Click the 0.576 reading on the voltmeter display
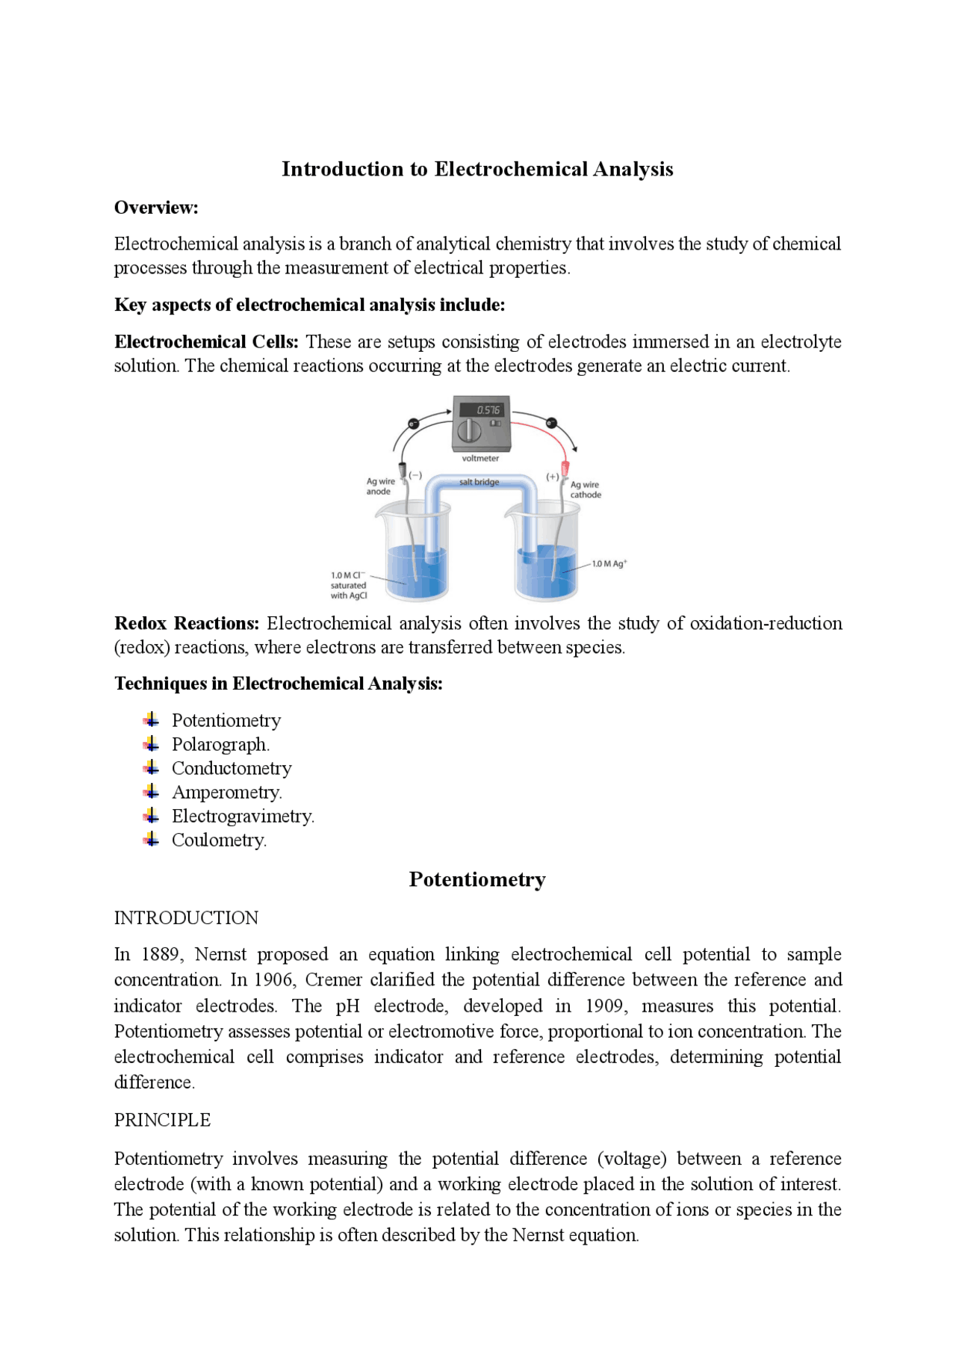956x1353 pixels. pos(488,409)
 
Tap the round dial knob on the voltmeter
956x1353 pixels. pos(469,430)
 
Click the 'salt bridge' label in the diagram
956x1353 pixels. pos(479,482)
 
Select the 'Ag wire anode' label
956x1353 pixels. pos(380,486)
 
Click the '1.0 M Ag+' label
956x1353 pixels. pos(609,563)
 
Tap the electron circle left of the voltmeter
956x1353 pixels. pos(413,424)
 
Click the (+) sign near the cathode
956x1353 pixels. pos(552,476)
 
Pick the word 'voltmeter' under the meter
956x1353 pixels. pos(480,458)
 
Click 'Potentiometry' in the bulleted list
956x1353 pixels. pos(226,720)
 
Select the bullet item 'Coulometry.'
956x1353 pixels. pos(219,840)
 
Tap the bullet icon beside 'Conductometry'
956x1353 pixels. pos(152,768)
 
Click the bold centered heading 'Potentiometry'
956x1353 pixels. pos(477,879)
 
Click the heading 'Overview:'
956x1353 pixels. pos(156,208)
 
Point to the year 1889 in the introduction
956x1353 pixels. pos(161,954)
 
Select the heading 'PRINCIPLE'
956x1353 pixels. pos(162,1120)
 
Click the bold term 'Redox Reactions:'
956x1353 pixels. pos(187,623)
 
